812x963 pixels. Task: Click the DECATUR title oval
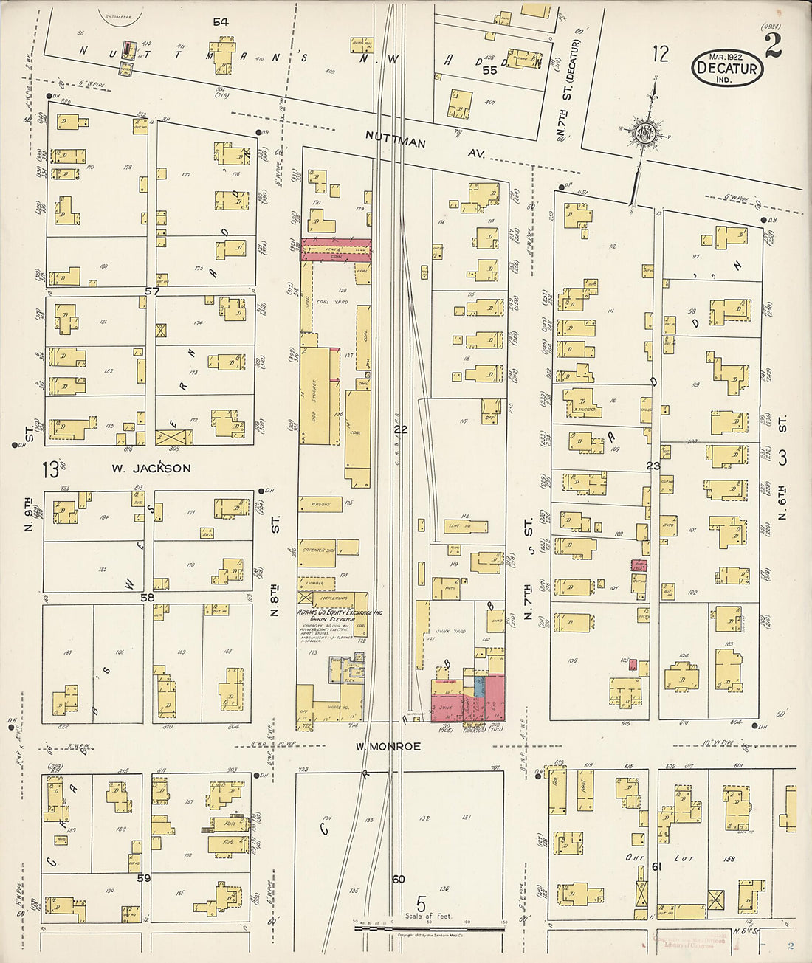(727, 68)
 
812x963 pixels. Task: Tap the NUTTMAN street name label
(396, 139)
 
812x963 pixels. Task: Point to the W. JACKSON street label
(151, 468)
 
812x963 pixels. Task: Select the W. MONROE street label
(388, 746)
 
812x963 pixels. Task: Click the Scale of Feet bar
(428, 922)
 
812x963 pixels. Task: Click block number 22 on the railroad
(400, 429)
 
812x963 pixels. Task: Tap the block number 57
(152, 291)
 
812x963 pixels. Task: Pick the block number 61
(656, 866)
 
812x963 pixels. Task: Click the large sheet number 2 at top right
(773, 46)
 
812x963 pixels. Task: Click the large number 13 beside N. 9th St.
(50, 468)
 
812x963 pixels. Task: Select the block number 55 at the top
(489, 70)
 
